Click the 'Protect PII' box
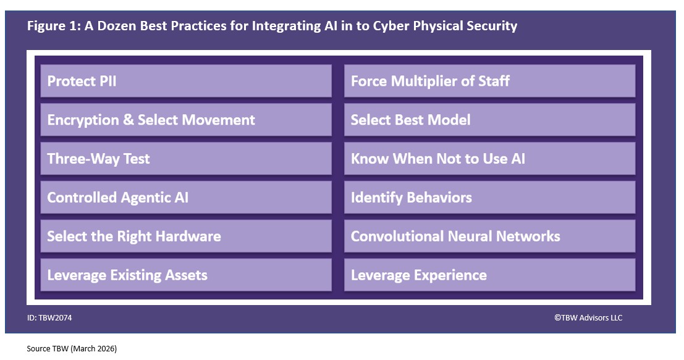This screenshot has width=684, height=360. click(x=186, y=81)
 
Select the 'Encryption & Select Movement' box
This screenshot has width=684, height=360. click(x=186, y=120)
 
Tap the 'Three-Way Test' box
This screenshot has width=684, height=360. click(x=186, y=159)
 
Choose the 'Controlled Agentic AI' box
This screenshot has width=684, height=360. click(x=186, y=198)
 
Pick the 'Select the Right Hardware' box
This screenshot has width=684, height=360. click(x=186, y=237)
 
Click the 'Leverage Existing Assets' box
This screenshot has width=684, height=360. click(x=186, y=275)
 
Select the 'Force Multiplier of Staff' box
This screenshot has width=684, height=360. click(x=489, y=81)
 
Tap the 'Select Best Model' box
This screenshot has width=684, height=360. click(x=489, y=120)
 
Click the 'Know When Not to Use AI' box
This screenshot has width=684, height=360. click(x=489, y=159)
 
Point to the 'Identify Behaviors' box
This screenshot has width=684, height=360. click(x=489, y=198)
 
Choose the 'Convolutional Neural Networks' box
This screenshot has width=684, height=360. click(x=489, y=237)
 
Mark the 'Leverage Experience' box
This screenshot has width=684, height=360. click(x=489, y=275)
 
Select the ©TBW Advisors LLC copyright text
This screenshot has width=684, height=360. click(x=588, y=318)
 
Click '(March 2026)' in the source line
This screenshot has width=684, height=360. click(x=93, y=349)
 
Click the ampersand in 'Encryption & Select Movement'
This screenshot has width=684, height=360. click(x=129, y=120)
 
